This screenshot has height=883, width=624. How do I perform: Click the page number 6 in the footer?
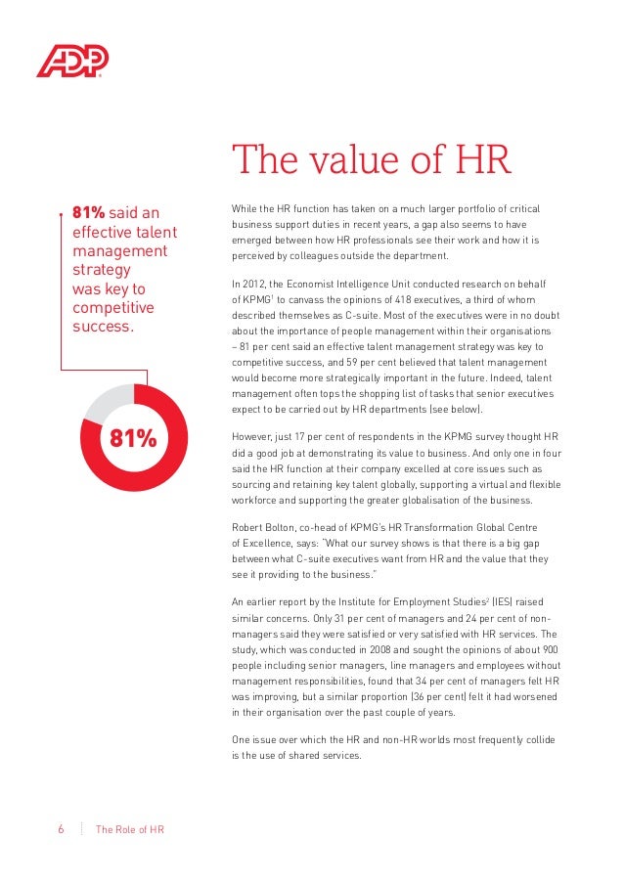pyautogui.click(x=61, y=830)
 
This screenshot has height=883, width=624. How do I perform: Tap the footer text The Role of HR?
pyautogui.click(x=130, y=830)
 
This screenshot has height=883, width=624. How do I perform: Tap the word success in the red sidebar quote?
pyautogui.click(x=103, y=326)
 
